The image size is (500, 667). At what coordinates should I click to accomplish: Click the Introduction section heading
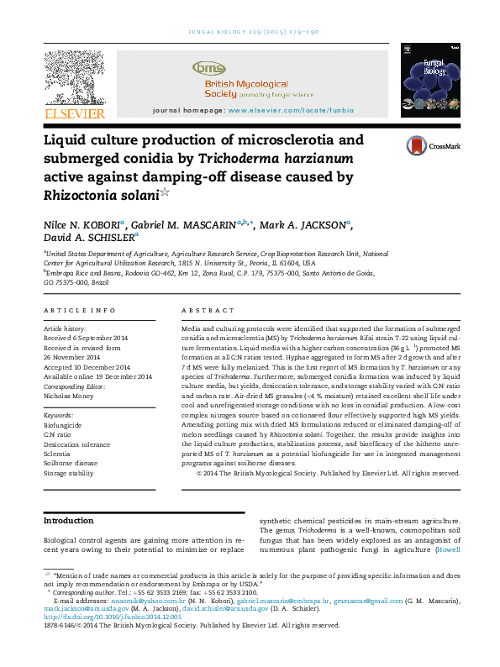pyautogui.click(x=68, y=521)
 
